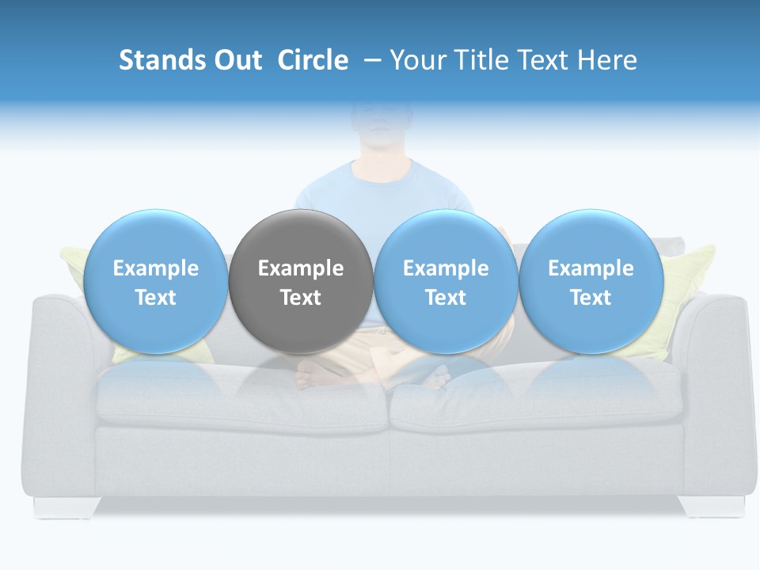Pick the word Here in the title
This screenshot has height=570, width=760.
click(607, 60)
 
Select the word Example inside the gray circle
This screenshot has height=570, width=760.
click(301, 268)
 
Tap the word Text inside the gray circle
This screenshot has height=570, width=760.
click(301, 298)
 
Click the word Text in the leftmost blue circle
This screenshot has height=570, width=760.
click(155, 298)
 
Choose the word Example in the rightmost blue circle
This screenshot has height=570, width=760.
click(591, 268)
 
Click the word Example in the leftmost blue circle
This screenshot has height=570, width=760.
click(155, 268)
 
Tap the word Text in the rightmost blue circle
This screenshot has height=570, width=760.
click(591, 298)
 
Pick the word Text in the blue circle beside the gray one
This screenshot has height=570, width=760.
click(446, 298)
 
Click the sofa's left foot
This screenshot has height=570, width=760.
click(66, 507)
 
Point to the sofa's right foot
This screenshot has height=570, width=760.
click(712, 506)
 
